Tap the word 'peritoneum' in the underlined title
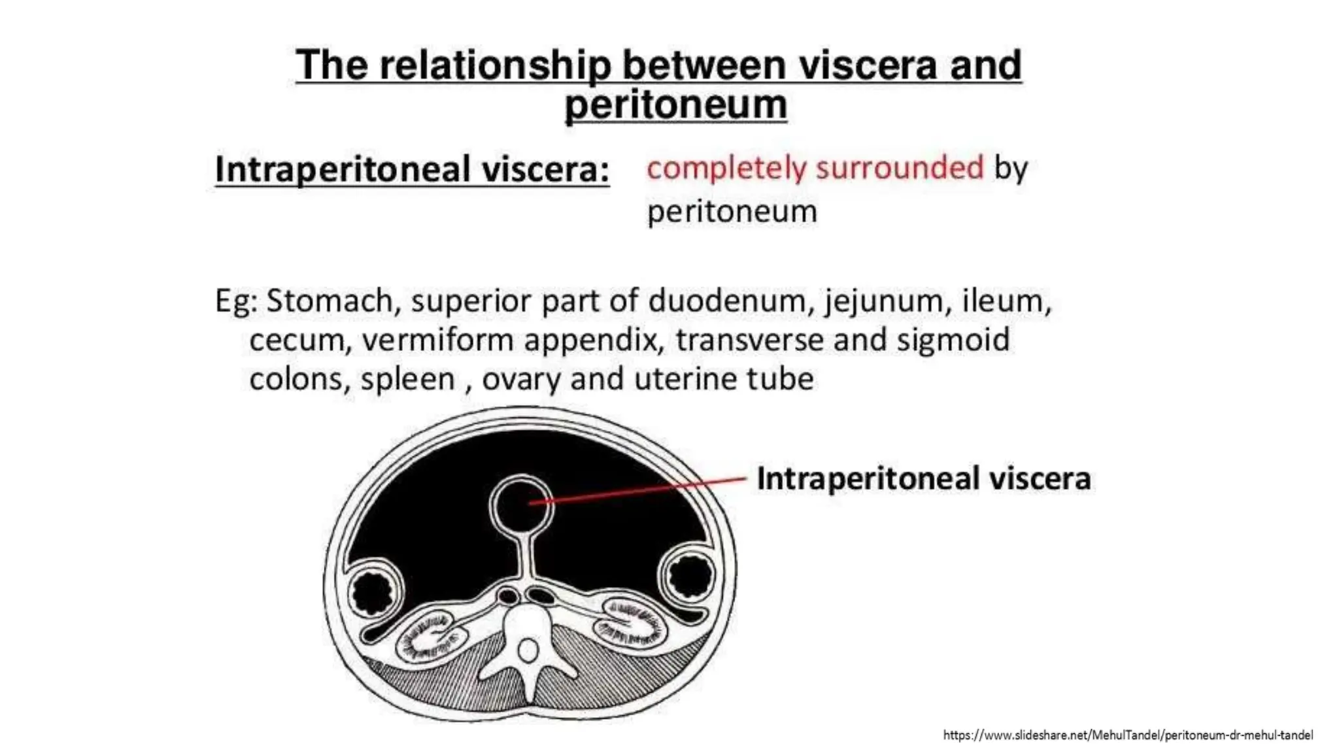(x=675, y=105)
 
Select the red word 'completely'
(x=726, y=168)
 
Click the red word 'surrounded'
(x=900, y=168)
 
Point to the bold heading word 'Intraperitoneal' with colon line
(x=343, y=170)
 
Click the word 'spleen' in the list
(x=407, y=379)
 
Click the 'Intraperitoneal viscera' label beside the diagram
(x=923, y=478)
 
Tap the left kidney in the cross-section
(x=432, y=637)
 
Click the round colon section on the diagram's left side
(x=371, y=591)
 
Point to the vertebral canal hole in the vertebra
(x=528, y=650)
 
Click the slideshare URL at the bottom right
(x=1127, y=735)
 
